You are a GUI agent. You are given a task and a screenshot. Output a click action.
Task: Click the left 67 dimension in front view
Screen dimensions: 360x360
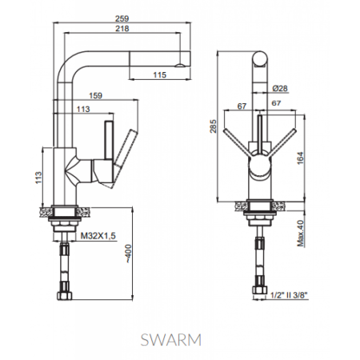tap(241, 104)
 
